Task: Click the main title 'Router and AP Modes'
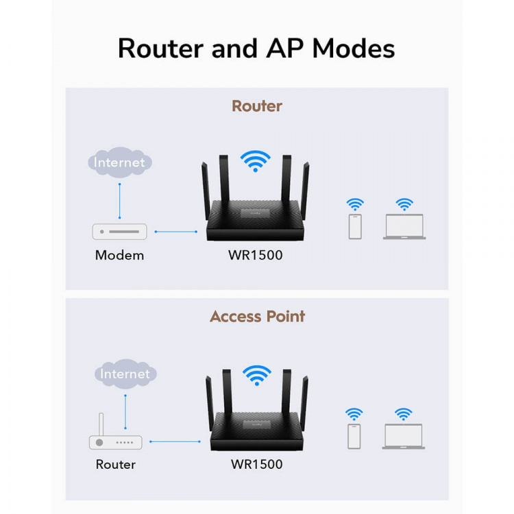point(256,49)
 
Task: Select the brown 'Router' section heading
point(256,106)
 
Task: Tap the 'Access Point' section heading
point(257,317)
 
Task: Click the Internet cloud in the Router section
point(120,162)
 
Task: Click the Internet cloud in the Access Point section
point(125,374)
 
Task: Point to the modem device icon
point(120,232)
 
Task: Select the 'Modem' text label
point(119,256)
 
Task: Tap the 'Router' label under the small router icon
point(115,465)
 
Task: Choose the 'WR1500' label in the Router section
point(256,256)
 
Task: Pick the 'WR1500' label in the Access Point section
point(256,465)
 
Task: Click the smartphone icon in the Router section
point(355,227)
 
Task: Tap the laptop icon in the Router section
point(404,227)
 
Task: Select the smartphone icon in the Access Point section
point(354,436)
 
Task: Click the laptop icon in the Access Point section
point(404,437)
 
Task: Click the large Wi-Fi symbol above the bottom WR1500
point(256,374)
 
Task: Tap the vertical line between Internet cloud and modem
point(120,200)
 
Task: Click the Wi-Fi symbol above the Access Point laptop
point(404,414)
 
